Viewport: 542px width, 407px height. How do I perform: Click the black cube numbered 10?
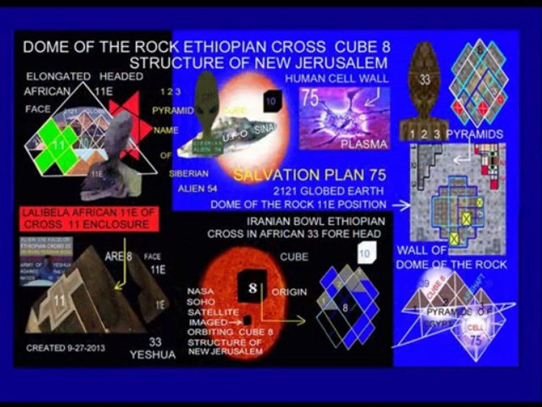pyautogui.click(x=271, y=102)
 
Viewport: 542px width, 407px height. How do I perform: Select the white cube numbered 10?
pyautogui.click(x=365, y=253)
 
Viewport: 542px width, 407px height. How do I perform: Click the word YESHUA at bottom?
pyautogui.click(x=152, y=355)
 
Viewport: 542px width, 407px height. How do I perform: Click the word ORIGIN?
pyautogui.click(x=289, y=292)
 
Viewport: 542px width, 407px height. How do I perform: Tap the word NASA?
pyautogui.click(x=201, y=291)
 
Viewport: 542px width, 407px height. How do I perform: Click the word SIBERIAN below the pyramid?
pyautogui.click(x=189, y=173)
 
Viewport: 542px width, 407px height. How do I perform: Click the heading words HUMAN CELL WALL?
pyautogui.click(x=337, y=79)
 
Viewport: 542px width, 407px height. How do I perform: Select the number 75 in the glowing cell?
pyautogui.click(x=477, y=340)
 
